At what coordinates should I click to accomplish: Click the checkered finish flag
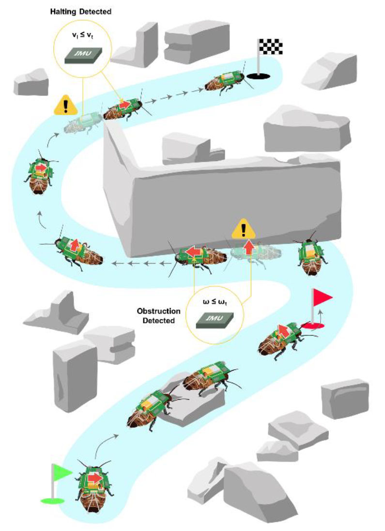coord(271,47)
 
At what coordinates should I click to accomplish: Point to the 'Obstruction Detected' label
coord(158,315)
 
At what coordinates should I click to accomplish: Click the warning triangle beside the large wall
coord(244,229)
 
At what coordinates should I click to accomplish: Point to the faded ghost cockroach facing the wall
coord(252,253)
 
